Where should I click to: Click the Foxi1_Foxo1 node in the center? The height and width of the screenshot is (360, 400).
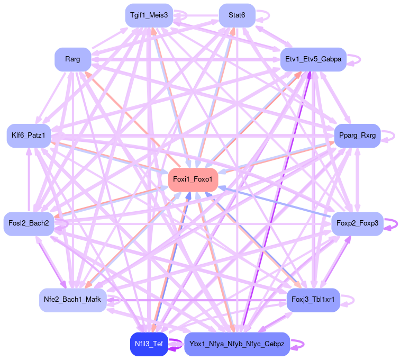pos(192,180)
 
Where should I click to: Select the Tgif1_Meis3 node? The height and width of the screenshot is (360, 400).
pos(149,15)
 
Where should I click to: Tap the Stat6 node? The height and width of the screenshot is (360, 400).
pos(237,15)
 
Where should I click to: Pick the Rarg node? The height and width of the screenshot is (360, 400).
pos(72,59)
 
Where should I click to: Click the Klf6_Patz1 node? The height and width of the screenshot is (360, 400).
pos(29,136)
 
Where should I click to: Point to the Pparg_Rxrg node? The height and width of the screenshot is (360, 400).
pos(357,136)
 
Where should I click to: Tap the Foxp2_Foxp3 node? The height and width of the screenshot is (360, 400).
pos(357,223)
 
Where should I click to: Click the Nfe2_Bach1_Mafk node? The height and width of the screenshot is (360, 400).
pos(72,300)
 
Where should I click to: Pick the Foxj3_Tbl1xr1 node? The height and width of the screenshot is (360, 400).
pos(313,300)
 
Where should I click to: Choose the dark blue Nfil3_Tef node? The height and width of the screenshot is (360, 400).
pos(149,344)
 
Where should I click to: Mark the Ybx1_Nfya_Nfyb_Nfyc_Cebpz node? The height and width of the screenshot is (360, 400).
pos(237,344)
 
